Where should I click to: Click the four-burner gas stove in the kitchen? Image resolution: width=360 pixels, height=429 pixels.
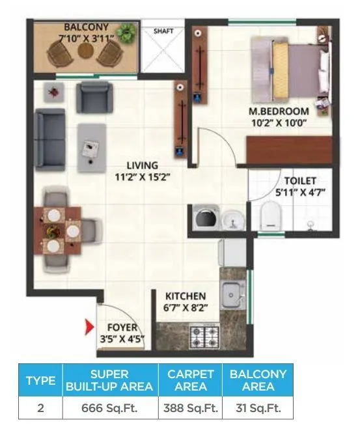point(203,337)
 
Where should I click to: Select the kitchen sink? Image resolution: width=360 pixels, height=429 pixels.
point(230,296)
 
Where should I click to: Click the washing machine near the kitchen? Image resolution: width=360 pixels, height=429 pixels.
point(203,219)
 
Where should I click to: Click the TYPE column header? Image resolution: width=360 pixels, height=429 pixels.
point(40,380)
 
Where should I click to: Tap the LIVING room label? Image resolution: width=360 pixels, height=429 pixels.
point(143,165)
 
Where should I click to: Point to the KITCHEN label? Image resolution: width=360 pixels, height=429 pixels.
point(186,296)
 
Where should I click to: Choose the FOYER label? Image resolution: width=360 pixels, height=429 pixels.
point(122,327)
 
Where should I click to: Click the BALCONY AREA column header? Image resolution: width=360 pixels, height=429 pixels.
point(257,380)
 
